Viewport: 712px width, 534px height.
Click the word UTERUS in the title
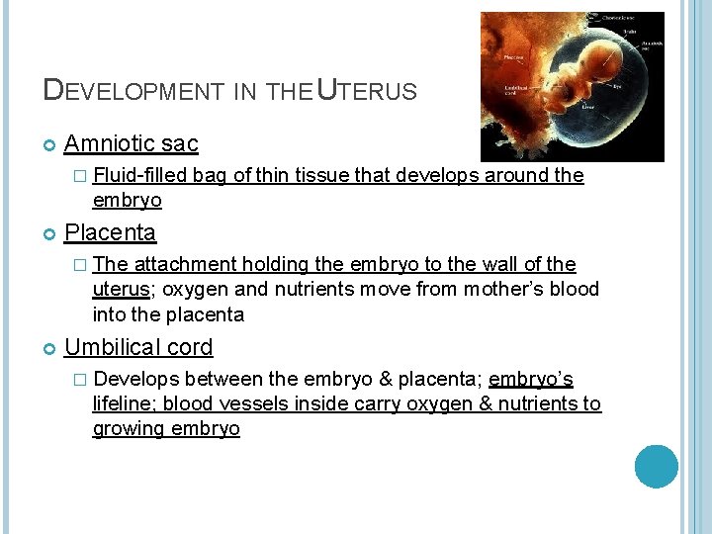(366, 91)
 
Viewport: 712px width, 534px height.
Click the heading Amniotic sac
(131, 144)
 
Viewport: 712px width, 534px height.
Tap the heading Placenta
(110, 232)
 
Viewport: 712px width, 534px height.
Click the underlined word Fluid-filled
(140, 176)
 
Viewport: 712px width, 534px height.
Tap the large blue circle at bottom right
(657, 467)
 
